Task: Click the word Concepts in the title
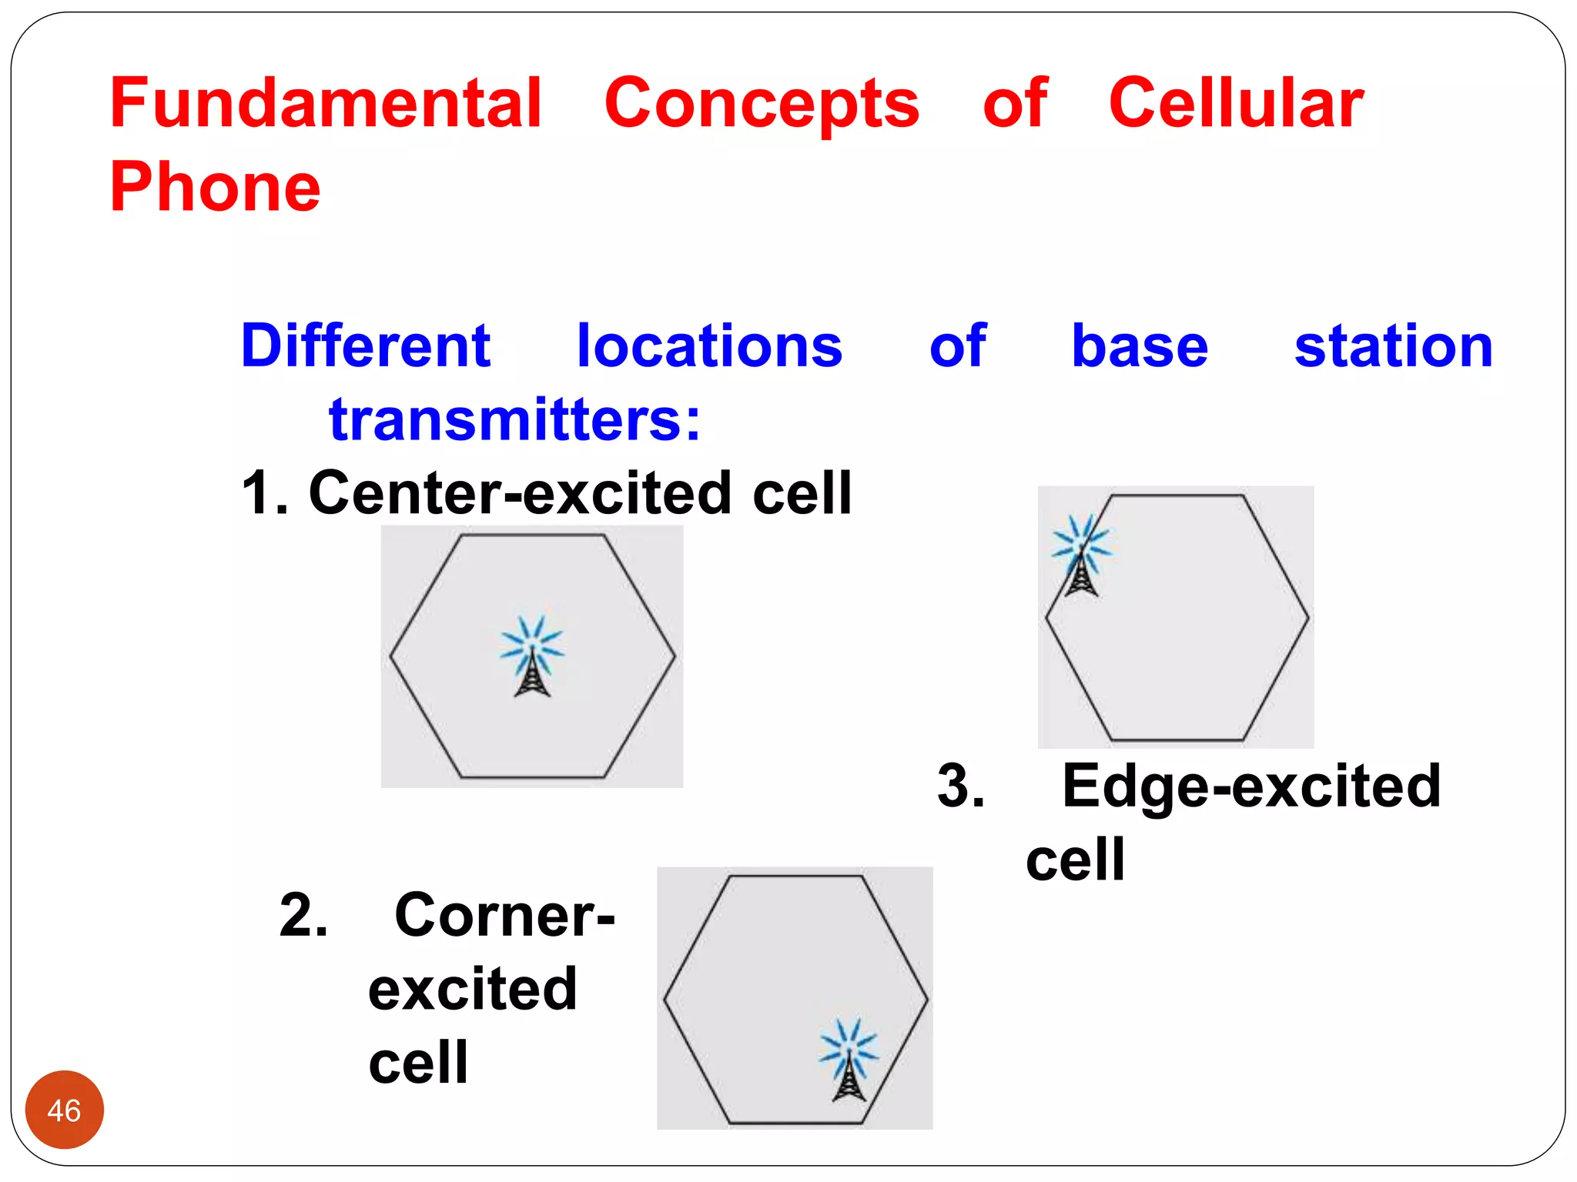[x=762, y=105]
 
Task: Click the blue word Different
[x=366, y=346]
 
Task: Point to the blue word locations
[x=709, y=346]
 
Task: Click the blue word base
[x=1140, y=347]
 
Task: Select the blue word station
[x=1394, y=347]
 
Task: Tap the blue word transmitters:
[x=514, y=420]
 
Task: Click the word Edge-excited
[x=1251, y=786]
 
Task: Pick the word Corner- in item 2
[x=504, y=916]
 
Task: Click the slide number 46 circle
[x=65, y=1110]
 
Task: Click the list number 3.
[x=960, y=786]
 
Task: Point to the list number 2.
[x=303, y=916]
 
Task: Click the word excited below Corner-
[x=472, y=990]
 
